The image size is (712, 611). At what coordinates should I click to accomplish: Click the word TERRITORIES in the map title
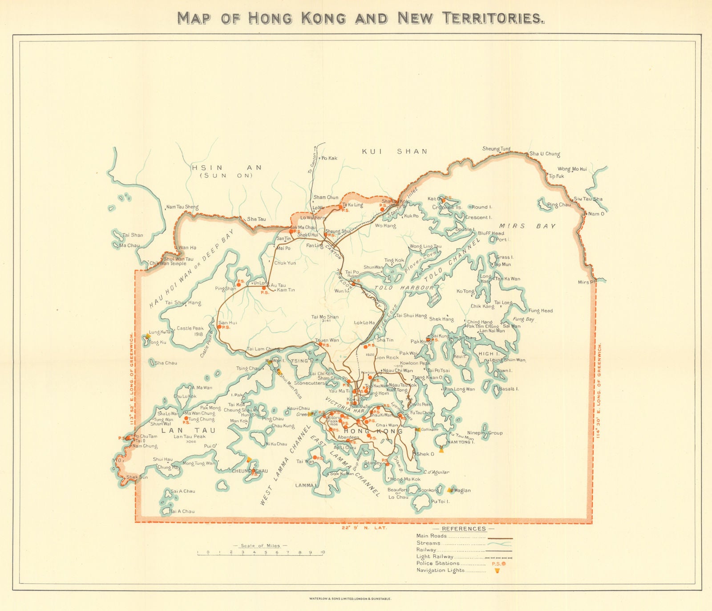[x=493, y=18]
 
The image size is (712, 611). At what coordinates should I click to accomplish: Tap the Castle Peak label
[x=190, y=328]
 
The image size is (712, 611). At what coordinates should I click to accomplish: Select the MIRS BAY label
[x=527, y=226]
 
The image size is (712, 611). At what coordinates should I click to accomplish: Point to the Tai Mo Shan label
[x=325, y=317]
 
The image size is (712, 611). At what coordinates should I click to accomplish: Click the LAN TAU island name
[x=188, y=431]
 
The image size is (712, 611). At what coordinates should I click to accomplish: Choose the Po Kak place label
[x=329, y=158]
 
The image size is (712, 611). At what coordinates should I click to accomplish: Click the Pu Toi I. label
[x=440, y=501]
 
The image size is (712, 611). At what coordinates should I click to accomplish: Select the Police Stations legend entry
[x=438, y=563]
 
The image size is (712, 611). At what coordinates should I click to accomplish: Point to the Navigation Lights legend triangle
[x=497, y=571]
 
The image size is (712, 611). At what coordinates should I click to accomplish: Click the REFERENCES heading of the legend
[x=464, y=529]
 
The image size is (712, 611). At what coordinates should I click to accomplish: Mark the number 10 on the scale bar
[x=323, y=552]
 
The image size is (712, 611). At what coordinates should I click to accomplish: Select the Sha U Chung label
[x=545, y=154]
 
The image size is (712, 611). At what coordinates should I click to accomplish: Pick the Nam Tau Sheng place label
[x=182, y=207]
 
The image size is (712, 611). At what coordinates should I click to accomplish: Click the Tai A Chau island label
[x=182, y=511]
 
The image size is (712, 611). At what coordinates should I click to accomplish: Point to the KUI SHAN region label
[x=394, y=151]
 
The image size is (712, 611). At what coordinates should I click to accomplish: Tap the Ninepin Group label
[x=485, y=433]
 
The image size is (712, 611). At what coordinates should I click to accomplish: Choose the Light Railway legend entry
[x=435, y=556]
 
